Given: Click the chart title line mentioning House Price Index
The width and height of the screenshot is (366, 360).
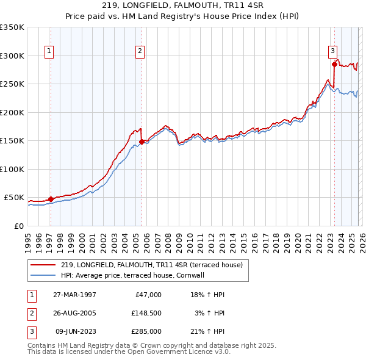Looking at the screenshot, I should [x=183, y=17].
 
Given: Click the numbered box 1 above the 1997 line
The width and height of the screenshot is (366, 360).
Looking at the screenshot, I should [x=49, y=51].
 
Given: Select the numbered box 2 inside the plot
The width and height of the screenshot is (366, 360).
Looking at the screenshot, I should [x=140, y=51].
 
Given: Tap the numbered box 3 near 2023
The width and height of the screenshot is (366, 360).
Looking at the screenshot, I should [x=333, y=51].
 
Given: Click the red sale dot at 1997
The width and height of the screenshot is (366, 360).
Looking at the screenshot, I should [x=51, y=199].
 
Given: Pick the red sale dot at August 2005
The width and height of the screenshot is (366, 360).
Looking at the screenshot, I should [x=142, y=142].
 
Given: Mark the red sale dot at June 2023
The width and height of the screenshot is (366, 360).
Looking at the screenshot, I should [x=334, y=64].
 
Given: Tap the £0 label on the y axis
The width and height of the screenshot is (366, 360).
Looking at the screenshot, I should [x=18, y=226].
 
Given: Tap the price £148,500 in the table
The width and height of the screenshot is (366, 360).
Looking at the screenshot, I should [x=146, y=313].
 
